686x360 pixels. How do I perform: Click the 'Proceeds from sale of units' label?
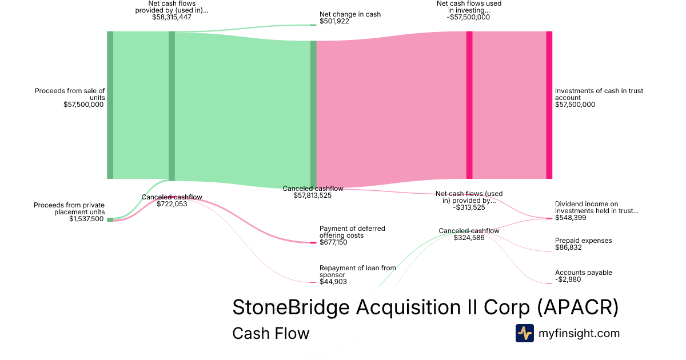coord(70,94)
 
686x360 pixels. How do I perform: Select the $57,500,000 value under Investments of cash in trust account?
coord(575,105)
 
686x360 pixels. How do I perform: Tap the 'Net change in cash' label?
coord(350,14)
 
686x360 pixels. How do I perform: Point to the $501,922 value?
coord(334,22)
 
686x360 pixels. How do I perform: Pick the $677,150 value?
coord(333,242)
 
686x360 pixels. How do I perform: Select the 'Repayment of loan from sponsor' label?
coord(357,271)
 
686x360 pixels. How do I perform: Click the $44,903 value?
coord(333,282)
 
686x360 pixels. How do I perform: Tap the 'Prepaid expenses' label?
coord(583,241)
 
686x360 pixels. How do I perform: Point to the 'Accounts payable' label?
coord(583,273)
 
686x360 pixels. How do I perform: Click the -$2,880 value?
coord(568,280)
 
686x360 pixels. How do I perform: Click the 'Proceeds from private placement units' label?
coord(69,209)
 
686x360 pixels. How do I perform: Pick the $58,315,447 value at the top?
coord(171,17)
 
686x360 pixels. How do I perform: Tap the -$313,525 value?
coord(469,207)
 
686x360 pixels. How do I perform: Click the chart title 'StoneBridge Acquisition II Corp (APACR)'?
coord(425,307)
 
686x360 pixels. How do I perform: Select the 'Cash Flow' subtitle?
coord(270,333)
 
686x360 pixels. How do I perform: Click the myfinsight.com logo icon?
coord(524,333)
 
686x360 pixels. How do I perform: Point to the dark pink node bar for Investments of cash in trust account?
coord(549,105)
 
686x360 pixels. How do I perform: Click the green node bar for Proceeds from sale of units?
coord(110,105)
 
